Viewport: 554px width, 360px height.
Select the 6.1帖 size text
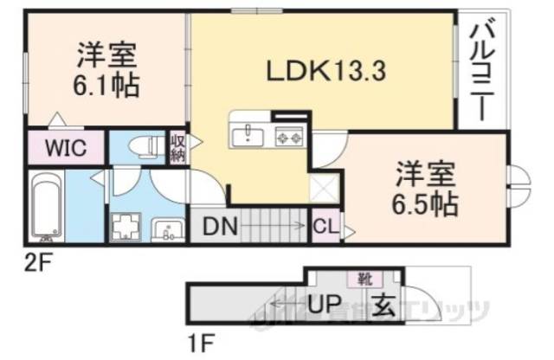coord(105,86)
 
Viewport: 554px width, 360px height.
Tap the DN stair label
coord(222,227)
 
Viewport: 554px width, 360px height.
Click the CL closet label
coord(325,228)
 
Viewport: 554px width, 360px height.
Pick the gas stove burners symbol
coord(288,135)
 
